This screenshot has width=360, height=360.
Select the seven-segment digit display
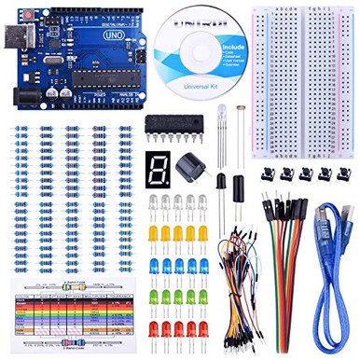click(159, 169)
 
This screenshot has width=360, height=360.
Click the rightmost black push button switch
click(339, 173)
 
